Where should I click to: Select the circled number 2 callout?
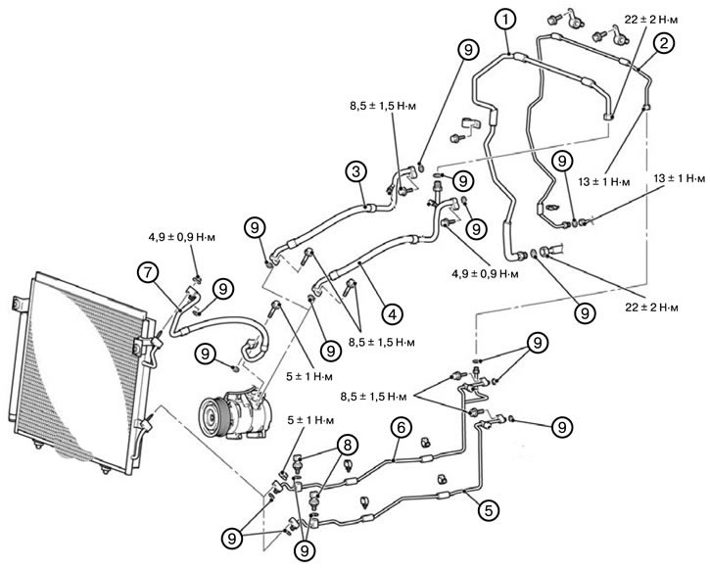pos(663,43)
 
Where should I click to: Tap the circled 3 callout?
pos(355,172)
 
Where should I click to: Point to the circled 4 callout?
pos(392,313)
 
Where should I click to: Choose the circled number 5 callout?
pos(489,510)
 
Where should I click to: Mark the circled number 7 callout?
pos(149,272)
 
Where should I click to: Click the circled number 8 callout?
pos(347,446)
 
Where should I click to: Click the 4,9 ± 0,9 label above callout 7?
pos(181,237)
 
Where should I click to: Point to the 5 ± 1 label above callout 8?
pos(310,420)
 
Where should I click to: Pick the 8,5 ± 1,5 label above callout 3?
pos(383,106)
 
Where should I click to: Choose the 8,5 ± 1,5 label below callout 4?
pos(381,342)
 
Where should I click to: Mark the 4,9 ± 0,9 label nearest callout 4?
pos(485,273)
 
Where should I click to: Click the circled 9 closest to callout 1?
pos(468,49)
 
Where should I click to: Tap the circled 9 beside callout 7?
pos(222,289)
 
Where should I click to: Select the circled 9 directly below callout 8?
pos(305,550)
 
